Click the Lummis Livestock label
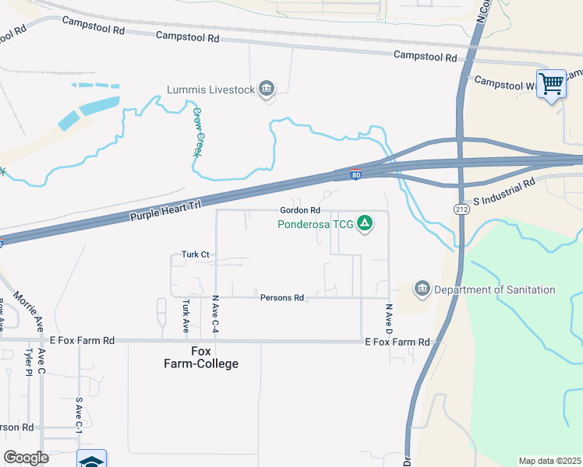[211, 90]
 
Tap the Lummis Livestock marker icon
[267, 90]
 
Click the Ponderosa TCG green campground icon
[363, 226]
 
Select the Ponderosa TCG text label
[316, 226]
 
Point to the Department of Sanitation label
[495, 290]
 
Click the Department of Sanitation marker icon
[422, 290]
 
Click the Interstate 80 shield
[355, 175]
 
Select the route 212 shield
[461, 209]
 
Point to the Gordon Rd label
[300, 211]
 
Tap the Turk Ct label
[196, 255]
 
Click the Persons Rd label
[281, 297]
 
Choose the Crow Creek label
[198, 132]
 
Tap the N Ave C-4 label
[215, 315]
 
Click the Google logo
[26, 457]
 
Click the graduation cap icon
[91, 460]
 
